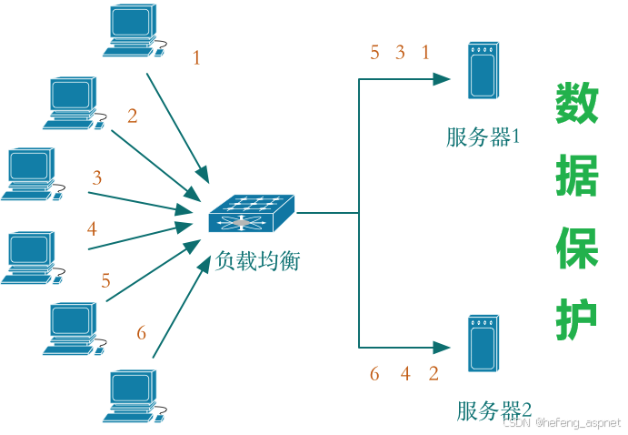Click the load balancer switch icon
(251, 215)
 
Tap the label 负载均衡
(257, 261)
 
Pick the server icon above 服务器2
(482, 342)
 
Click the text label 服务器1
(483, 137)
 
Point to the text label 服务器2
(493, 410)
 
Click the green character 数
(577, 104)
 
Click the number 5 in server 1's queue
(374, 53)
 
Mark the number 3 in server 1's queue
(400, 53)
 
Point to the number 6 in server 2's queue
(374, 374)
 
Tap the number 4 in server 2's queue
(405, 374)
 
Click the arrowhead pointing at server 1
(444, 79)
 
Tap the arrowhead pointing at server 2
(444, 347)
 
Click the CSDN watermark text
(561, 422)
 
